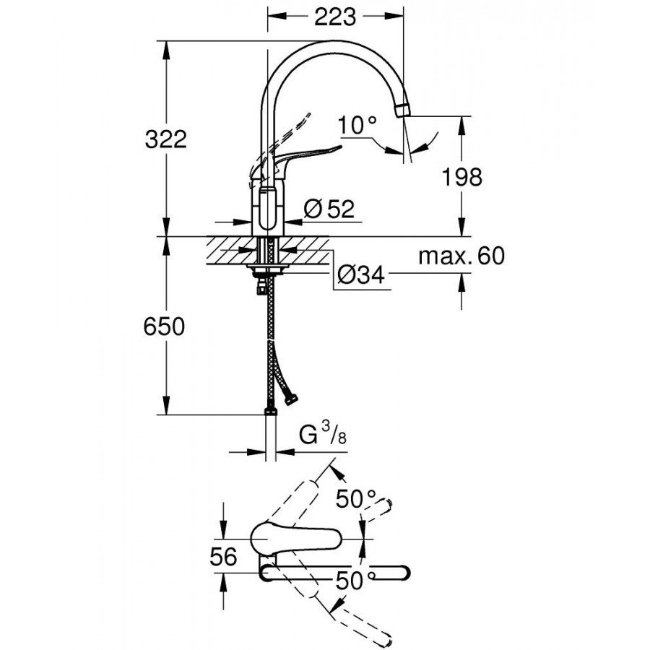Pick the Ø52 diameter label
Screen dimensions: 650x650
(329, 209)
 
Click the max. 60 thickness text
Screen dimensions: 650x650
(461, 256)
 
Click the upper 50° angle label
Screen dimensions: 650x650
(358, 498)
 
